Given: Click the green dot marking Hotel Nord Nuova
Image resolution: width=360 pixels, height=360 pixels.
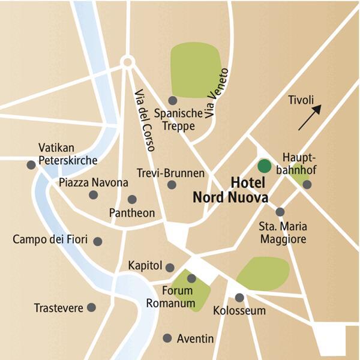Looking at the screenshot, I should tap(263, 166).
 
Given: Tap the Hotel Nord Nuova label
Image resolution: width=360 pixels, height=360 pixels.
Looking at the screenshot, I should tap(230, 190).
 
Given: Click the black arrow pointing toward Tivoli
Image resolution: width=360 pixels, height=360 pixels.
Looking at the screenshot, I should tap(310, 117).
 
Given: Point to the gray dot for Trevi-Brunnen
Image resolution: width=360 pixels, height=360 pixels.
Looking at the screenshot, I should tap(172, 185).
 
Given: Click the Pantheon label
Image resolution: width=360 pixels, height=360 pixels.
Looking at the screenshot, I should tap(132, 213).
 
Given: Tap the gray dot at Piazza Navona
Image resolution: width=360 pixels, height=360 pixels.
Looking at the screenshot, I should tap(93, 194).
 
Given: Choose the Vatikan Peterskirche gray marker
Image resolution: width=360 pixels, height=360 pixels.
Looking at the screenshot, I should tap(31, 164).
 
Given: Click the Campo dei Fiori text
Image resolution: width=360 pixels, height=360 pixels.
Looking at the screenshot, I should tap(50, 240).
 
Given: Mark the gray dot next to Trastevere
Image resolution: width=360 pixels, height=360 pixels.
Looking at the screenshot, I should tap(91, 307).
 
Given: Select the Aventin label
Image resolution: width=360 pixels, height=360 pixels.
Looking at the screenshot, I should tap(195, 339).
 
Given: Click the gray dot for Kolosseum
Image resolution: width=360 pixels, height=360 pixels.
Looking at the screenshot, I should tap(239, 297).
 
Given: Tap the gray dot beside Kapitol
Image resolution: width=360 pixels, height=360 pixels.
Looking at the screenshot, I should tap(170, 267).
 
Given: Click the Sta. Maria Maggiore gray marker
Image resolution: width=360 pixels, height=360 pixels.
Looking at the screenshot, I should tap(280, 212).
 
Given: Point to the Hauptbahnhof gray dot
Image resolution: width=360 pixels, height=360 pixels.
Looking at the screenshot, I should tap(307, 185).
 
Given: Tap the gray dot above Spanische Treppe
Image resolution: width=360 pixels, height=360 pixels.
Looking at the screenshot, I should tap(173, 100).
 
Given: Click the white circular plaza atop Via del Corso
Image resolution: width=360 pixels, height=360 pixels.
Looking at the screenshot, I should tap(127, 62).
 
